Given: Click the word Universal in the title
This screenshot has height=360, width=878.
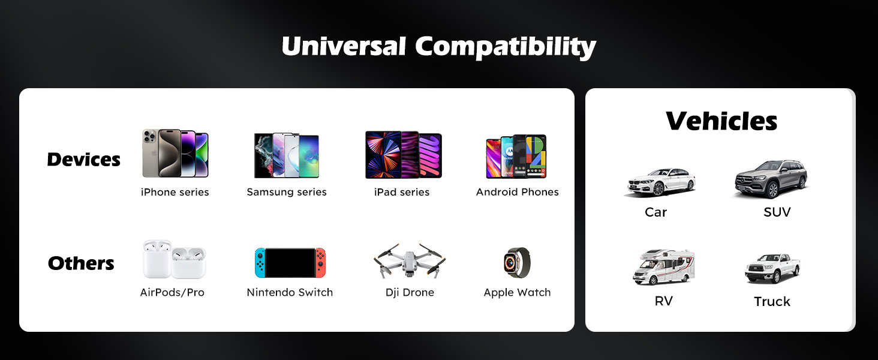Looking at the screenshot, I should pyautogui.click(x=344, y=46).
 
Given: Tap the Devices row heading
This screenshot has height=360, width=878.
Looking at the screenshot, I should pyautogui.click(x=83, y=160).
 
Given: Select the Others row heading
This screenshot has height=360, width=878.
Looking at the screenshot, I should pyautogui.click(x=81, y=263).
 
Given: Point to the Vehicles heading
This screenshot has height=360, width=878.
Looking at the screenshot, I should pyautogui.click(x=721, y=121).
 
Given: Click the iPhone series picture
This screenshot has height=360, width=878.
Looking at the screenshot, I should pyautogui.click(x=175, y=154).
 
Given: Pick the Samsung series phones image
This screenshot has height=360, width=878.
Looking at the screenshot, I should pyautogui.click(x=287, y=155).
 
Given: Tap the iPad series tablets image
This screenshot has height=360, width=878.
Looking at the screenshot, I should pyautogui.click(x=403, y=155).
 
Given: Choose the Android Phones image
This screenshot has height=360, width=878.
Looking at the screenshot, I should pyautogui.click(x=516, y=156).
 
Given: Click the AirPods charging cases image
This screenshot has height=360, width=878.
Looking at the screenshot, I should pyautogui.click(x=174, y=260).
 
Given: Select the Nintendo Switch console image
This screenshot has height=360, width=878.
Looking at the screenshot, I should pyautogui.click(x=290, y=263).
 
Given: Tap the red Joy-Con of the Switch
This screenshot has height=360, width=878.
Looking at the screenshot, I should pyautogui.click(x=321, y=263).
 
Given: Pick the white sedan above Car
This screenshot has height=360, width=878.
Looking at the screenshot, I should pyautogui.click(x=660, y=182).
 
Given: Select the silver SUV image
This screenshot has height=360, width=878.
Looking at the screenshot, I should pyautogui.click(x=771, y=179).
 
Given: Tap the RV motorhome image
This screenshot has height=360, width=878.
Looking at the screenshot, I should pyautogui.click(x=663, y=267).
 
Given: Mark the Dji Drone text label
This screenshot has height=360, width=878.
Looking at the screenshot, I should pyautogui.click(x=410, y=293).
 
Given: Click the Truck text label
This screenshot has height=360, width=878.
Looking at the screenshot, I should pyautogui.click(x=772, y=301).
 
